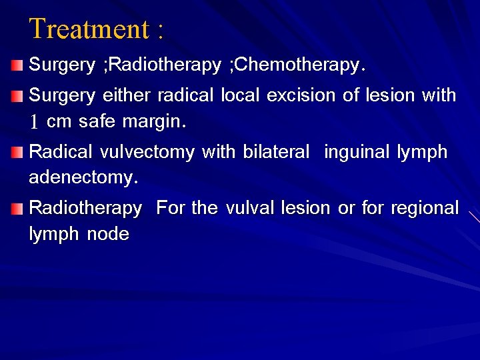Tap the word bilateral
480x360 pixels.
(276, 152)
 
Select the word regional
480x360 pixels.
(425, 209)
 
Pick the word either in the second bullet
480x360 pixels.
(127, 96)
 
